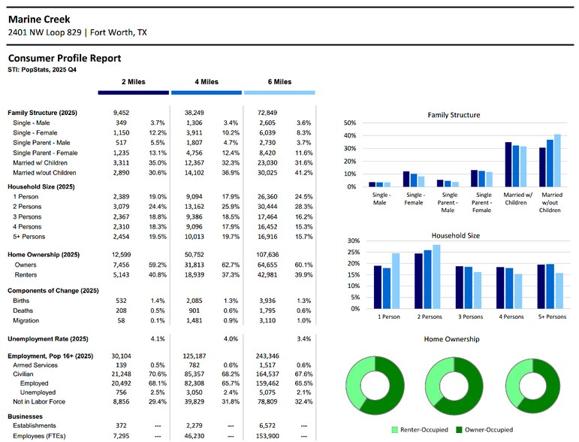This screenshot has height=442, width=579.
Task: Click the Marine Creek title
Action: point(39,20)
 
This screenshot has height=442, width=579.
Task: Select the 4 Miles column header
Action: point(207,82)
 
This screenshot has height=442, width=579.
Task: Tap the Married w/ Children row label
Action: point(40,162)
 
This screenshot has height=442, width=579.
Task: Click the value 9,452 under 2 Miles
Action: point(121,113)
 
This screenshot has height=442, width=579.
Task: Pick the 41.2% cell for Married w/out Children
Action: point(303,173)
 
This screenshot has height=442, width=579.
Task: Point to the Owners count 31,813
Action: point(195,265)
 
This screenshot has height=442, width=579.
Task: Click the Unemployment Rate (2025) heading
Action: point(48,339)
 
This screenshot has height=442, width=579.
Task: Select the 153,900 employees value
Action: point(267,436)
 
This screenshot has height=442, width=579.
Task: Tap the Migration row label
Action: point(26,320)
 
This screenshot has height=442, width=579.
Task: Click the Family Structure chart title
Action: point(454,115)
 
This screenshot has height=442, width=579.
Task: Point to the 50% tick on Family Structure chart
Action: point(350,123)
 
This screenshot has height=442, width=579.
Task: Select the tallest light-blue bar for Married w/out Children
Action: point(557,160)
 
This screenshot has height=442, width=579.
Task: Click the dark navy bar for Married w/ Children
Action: point(508,165)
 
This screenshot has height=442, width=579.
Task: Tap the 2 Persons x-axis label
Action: point(430,316)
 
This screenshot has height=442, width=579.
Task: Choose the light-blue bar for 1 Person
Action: point(396,281)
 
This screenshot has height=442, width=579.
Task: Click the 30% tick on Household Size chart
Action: point(354,241)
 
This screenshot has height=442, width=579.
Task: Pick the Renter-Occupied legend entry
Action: point(420,430)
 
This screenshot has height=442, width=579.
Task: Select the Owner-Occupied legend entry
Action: point(484,430)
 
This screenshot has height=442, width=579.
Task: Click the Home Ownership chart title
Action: point(451,339)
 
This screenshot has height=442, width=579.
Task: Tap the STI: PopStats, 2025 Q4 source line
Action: point(42,69)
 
